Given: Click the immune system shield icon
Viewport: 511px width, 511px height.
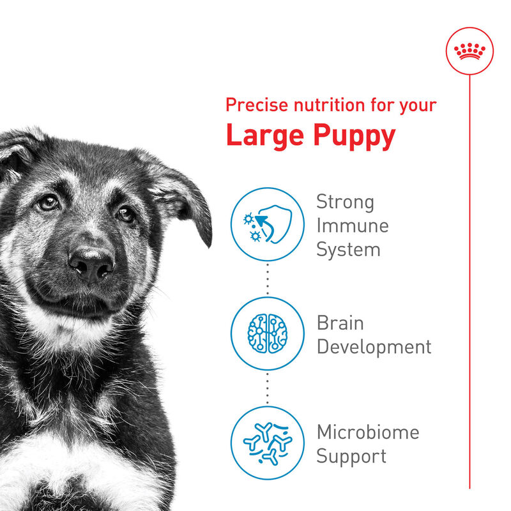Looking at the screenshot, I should coord(267,225).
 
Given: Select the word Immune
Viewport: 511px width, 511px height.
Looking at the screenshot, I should coord(353,225).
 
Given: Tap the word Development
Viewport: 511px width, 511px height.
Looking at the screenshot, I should coord(374,347).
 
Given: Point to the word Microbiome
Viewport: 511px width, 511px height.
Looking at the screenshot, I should coord(368,432).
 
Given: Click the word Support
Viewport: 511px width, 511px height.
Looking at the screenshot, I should coord(351,456).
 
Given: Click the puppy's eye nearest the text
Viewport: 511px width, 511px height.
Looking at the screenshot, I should coord(126,215).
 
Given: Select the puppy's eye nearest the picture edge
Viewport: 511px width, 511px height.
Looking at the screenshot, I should coord(47,202).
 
